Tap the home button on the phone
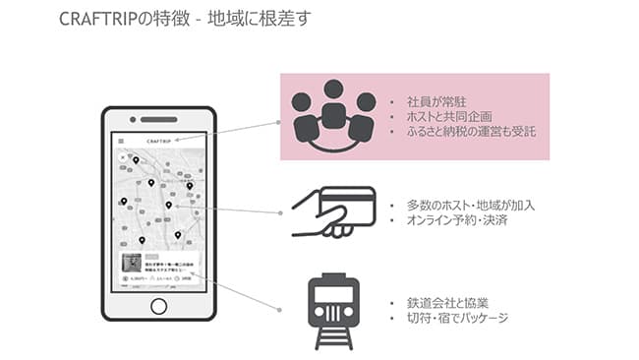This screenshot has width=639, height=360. point(158,306)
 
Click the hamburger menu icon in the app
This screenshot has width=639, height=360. point(121,141)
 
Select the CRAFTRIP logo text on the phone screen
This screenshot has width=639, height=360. point(158,141)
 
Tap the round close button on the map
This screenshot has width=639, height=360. point(122,156)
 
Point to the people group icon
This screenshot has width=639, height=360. point(334,116)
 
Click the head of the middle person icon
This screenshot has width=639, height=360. point(334,90)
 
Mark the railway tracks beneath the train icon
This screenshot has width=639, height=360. point(333,339)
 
